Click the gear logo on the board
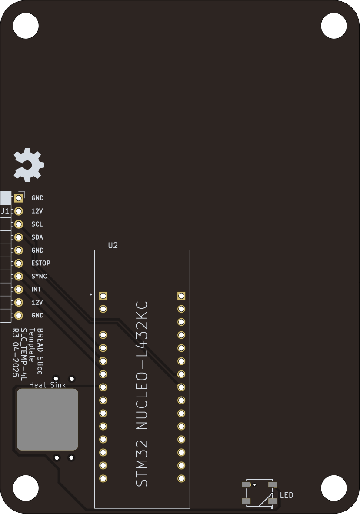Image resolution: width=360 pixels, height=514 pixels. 29,165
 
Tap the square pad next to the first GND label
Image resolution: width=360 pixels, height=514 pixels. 19,198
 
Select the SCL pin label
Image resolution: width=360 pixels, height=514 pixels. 37,224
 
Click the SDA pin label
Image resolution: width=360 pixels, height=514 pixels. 37,237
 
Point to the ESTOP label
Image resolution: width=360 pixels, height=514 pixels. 41,264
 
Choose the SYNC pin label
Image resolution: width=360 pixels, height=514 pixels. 39,277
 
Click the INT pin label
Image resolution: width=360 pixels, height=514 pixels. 36,290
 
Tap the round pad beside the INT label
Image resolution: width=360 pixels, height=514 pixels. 19,289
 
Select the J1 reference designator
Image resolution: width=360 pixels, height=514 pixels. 5,211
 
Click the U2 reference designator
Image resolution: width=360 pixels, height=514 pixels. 113,246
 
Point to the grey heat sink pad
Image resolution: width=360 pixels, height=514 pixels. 47,419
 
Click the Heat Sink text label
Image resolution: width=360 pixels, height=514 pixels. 47,385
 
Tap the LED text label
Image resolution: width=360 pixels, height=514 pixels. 287,495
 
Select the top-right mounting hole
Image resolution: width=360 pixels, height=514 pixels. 333,26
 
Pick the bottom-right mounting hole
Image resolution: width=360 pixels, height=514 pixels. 333,488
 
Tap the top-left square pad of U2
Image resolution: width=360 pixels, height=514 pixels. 103,296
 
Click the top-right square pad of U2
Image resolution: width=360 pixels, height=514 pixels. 181,296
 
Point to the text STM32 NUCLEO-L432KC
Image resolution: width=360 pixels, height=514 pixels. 142,394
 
